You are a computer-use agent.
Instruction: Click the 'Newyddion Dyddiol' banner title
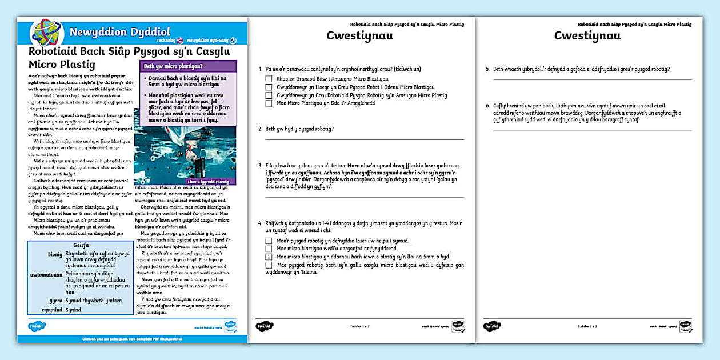point(110,32)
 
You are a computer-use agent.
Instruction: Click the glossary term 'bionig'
point(55,254)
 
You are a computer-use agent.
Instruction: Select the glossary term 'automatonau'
point(46,274)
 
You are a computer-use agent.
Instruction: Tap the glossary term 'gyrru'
point(55,299)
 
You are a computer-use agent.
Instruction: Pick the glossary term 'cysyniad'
point(53,310)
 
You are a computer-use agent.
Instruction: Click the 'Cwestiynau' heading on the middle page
point(359,35)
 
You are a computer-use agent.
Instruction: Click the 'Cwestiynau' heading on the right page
point(587,35)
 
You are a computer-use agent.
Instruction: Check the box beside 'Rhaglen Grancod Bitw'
point(269,79)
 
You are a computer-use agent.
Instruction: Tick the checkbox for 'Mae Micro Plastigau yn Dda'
point(269,103)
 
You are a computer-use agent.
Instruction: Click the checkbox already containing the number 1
point(269,257)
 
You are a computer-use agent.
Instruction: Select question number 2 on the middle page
point(260,129)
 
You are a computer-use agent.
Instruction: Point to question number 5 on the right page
point(487,69)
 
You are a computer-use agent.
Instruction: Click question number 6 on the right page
point(487,106)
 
